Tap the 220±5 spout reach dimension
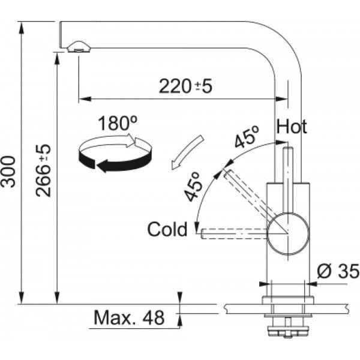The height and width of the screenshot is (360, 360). pyautogui.click(x=185, y=86)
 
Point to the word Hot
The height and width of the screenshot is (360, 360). pyautogui.click(x=292, y=127)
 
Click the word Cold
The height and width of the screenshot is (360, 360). pyautogui.click(x=167, y=229)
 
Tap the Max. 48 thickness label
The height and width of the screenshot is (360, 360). pyautogui.click(x=128, y=318)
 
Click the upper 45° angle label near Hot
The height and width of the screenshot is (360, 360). pyautogui.click(x=246, y=139)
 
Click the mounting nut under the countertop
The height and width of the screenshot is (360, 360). pyautogui.click(x=287, y=329)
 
